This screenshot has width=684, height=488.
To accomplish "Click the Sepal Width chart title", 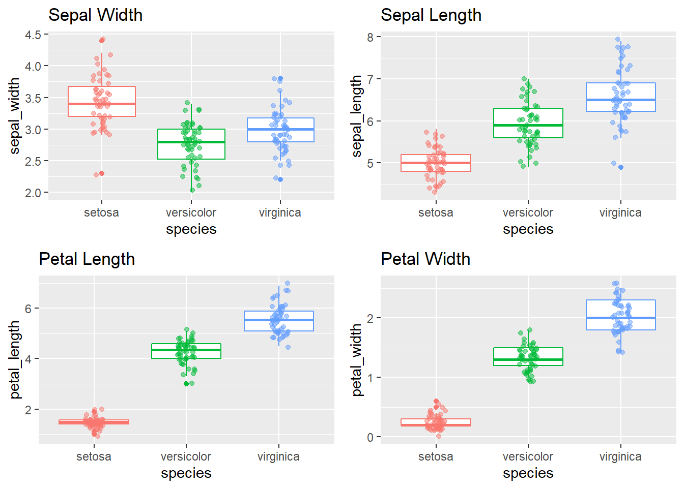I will pos(95,15).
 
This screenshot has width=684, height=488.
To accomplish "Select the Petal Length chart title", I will pos(87,259).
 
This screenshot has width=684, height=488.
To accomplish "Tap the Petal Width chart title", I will pos(425,259).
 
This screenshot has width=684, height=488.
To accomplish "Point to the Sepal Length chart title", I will pos(431,15).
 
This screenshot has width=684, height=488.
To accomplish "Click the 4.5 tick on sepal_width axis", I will pos(33,35).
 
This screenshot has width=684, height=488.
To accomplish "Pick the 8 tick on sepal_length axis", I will pos(370,37).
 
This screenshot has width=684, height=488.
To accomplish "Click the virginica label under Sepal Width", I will pos(280,212).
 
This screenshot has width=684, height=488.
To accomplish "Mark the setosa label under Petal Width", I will pos(436,456).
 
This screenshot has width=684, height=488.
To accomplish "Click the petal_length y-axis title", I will pos(15,359).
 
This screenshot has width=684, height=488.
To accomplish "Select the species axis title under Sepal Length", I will pos(528,229).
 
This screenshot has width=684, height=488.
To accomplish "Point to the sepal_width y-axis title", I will pos(15,115).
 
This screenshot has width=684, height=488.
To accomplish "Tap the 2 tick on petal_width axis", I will pos(370,318).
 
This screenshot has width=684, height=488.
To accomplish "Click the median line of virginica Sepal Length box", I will pos(620,100).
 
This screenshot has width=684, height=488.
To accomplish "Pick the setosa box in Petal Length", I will pos(94,422).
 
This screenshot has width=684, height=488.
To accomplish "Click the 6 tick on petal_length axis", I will pos(28,309).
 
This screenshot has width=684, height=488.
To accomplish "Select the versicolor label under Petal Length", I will pos(186,456).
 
